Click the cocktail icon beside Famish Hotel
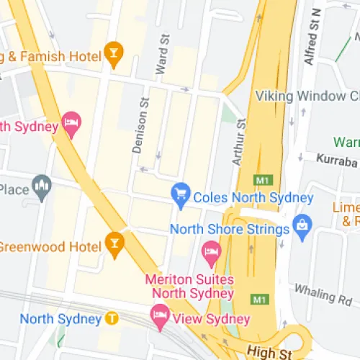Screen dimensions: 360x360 [113, 52]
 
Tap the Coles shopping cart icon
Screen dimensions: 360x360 [180, 194]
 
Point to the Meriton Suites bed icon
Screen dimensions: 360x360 [210, 251]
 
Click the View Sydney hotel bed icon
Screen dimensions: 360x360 [159, 315]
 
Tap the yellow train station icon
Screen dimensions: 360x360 [111, 318]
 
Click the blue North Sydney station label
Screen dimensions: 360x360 [60, 318]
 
